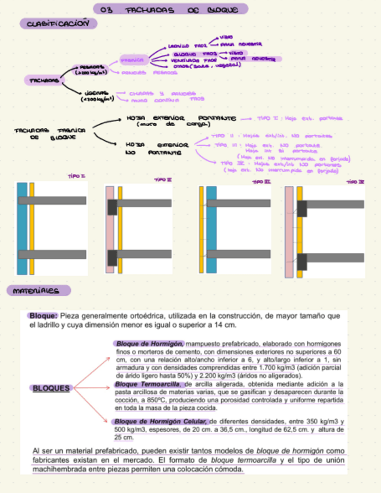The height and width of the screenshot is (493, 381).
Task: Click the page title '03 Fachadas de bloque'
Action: click(171, 9)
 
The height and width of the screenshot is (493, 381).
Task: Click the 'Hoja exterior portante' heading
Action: click(181, 118)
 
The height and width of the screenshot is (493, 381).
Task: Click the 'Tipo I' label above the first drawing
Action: click(77, 176)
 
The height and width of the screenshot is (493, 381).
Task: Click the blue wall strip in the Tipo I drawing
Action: click(22, 228)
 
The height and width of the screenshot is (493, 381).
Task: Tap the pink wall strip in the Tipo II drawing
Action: click(110, 229)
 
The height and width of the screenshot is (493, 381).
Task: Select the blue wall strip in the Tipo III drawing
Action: click(211, 229)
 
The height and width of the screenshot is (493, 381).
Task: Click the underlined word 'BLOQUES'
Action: click(51, 388)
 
